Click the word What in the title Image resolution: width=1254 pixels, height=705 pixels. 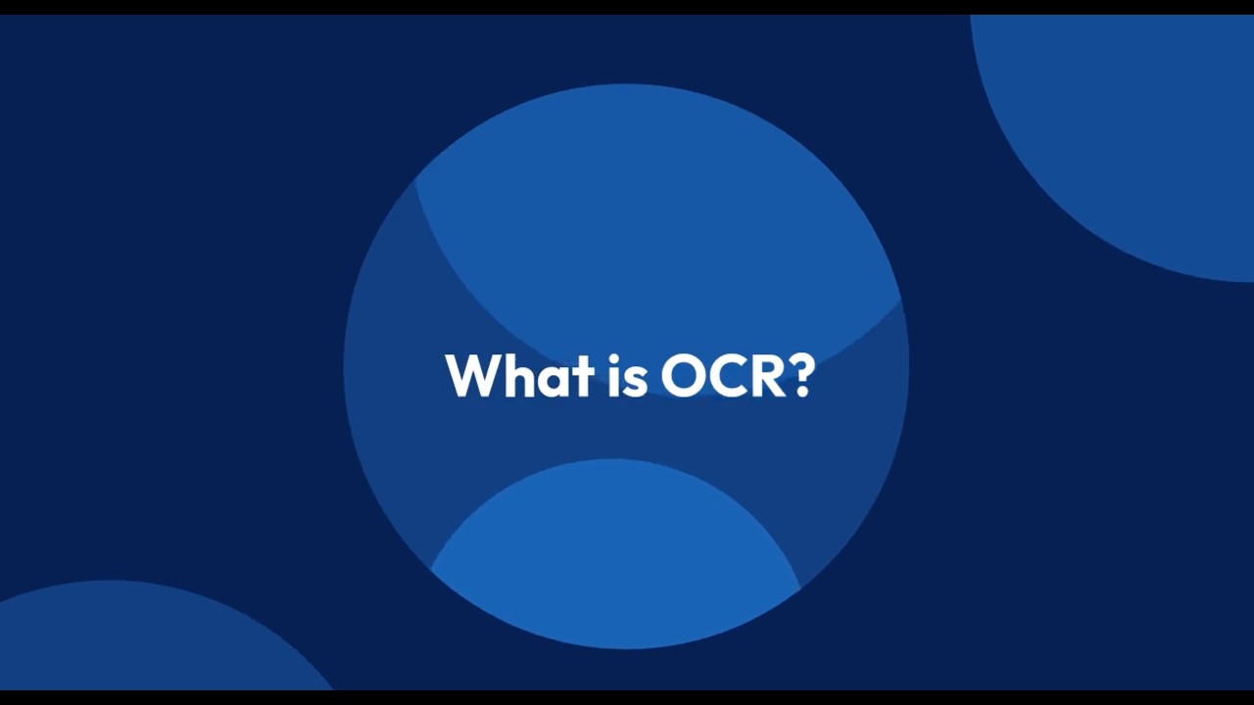click(519, 375)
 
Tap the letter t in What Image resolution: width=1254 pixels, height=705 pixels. click(583, 377)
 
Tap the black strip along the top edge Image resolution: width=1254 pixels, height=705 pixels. click(627, 7)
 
